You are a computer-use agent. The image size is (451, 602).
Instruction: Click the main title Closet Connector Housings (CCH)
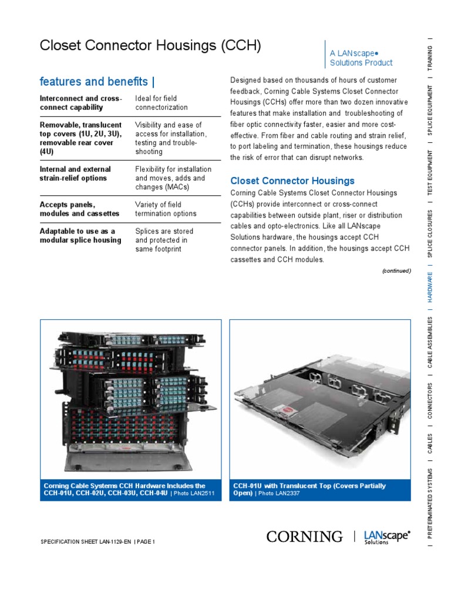[x=150, y=46]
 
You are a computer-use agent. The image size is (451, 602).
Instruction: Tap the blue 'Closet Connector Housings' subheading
[x=292, y=180]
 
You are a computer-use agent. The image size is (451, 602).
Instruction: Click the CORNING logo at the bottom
[x=304, y=536]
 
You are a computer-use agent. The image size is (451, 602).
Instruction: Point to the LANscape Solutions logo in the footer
[x=387, y=537]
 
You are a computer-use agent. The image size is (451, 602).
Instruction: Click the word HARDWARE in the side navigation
[x=430, y=287]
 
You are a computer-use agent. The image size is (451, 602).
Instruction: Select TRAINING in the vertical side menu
[x=430, y=56]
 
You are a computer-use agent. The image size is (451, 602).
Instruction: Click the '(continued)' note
[x=396, y=271]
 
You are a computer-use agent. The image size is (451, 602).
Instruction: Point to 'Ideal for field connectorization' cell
[x=161, y=103]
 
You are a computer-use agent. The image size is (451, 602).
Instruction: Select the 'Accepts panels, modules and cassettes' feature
[x=80, y=209]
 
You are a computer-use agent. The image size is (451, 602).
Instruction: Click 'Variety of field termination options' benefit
[x=166, y=209]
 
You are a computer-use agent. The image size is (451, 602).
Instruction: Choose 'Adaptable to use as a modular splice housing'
[x=80, y=235]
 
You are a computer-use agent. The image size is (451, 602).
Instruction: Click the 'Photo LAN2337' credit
[x=282, y=494]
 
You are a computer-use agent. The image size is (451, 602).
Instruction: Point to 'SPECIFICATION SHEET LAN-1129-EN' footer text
[x=86, y=541]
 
